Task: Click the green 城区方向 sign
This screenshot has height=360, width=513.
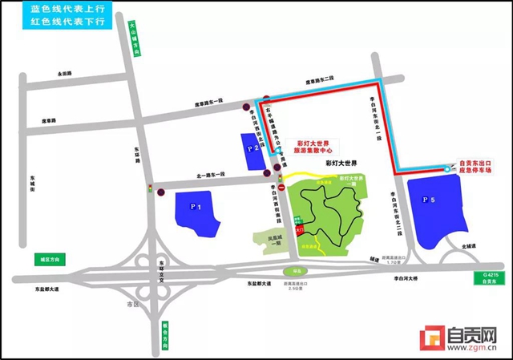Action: [x=55, y=259]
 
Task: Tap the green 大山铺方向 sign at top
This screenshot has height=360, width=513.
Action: [x=135, y=40]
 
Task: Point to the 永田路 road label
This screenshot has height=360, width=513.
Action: [x=64, y=74]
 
